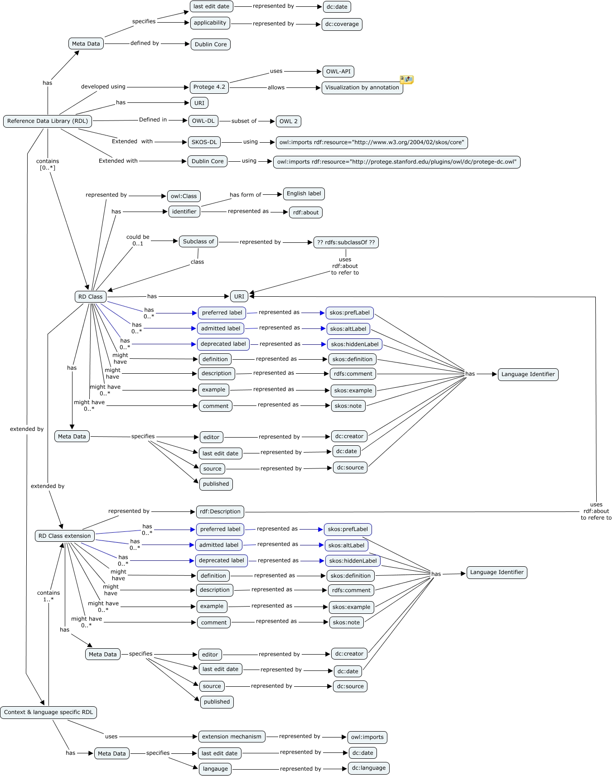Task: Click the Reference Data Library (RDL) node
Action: click(x=48, y=121)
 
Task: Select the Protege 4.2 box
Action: click(x=209, y=87)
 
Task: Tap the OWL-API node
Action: click(x=338, y=72)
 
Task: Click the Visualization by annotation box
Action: click(x=362, y=88)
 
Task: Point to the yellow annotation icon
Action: click(x=406, y=80)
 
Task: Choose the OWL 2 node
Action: click(x=289, y=121)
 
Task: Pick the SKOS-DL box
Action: click(x=204, y=142)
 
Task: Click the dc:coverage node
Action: click(x=342, y=24)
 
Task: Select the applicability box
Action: click(x=210, y=23)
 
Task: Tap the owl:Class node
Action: click(x=183, y=196)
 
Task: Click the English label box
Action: click(x=304, y=194)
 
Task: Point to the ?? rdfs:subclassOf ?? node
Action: click(x=346, y=242)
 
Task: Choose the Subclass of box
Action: click(x=198, y=242)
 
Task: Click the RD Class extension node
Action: click(x=65, y=536)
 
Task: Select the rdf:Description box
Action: click(x=220, y=512)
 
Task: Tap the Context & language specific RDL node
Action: click(x=48, y=712)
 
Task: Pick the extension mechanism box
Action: click(x=232, y=737)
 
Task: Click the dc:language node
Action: click(x=369, y=768)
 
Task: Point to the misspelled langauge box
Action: click(x=215, y=769)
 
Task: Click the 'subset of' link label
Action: click(x=244, y=121)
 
